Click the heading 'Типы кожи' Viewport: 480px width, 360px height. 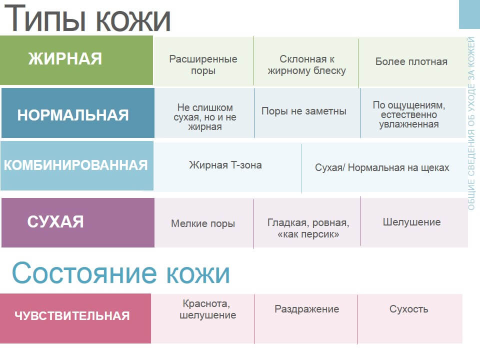pos(87,18)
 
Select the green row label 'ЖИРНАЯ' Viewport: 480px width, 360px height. pos(65,59)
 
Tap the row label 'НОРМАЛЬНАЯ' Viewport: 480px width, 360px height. pos(73,115)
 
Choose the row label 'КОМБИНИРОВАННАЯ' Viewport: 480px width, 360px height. pos(75,165)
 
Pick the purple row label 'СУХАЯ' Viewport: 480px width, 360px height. pos(55,221)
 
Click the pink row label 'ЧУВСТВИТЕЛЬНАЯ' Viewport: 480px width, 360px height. pos(72,315)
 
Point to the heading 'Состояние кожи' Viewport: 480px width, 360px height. pos(121,272)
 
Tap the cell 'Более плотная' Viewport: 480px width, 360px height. pos(411,61)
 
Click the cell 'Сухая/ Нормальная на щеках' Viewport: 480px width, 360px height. pos(382,167)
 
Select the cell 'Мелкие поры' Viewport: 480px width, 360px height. pos(203,223)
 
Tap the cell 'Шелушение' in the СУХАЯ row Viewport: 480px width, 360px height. pos(411,222)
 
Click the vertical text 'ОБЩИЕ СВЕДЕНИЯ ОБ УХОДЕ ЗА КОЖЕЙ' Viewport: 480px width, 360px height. pos(471,123)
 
